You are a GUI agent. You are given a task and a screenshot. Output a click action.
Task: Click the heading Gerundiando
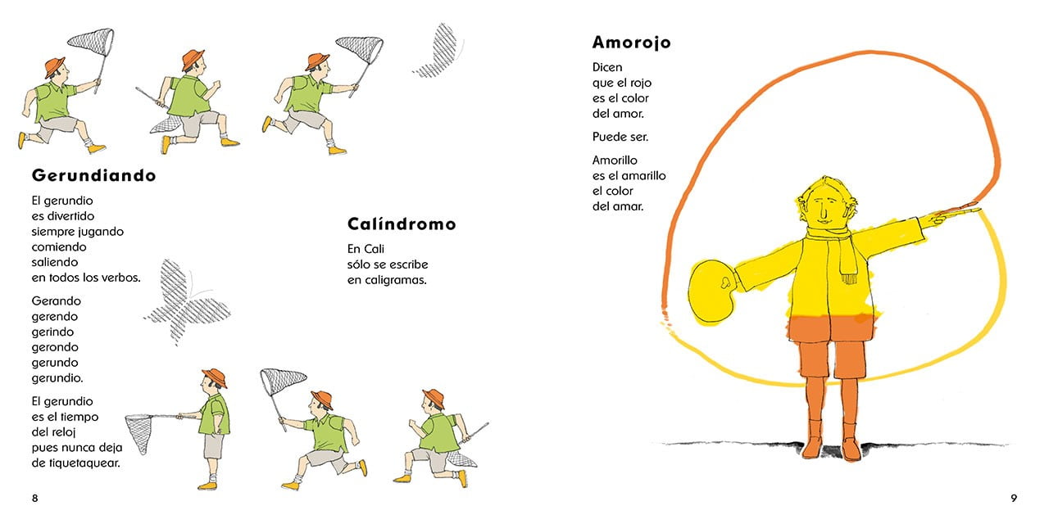[93, 175]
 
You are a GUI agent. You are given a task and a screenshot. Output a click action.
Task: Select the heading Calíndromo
[402, 224]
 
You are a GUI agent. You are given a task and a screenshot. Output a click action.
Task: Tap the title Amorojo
[631, 43]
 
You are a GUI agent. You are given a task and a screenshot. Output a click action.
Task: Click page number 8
[35, 499]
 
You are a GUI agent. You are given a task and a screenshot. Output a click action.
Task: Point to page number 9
[1014, 499]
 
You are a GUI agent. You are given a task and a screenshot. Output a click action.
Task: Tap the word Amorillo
[615, 160]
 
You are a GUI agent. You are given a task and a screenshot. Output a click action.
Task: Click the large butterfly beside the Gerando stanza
[186, 302]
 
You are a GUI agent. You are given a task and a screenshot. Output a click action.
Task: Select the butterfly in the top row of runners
[438, 51]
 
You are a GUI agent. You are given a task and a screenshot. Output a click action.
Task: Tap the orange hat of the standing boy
[215, 377]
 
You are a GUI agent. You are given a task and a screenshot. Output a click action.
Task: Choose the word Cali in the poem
[374, 249]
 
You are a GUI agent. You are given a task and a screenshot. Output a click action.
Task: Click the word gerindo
[52, 332]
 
